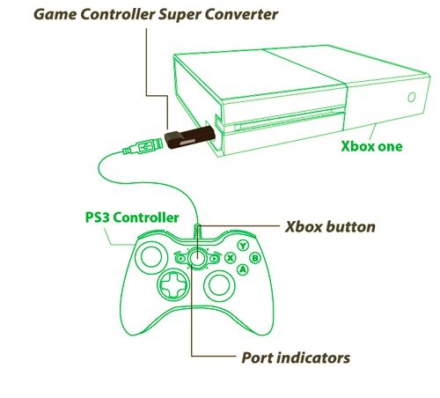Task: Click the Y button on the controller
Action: point(243,246)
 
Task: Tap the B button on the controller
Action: point(255,258)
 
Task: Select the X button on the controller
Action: point(231,258)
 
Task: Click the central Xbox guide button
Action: point(197,258)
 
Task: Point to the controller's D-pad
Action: point(173,284)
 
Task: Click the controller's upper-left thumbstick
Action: point(150,256)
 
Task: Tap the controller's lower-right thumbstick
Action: point(219,285)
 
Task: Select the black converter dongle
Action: point(190,137)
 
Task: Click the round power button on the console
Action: point(412,97)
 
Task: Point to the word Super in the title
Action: point(180,15)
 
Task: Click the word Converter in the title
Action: point(241,14)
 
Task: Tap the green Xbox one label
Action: point(371,146)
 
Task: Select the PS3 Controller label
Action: point(132,217)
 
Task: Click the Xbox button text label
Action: point(330,226)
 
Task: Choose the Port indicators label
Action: point(296,357)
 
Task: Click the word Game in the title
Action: point(55,14)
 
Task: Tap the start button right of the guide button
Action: point(215,258)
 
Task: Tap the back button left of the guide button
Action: point(180,259)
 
